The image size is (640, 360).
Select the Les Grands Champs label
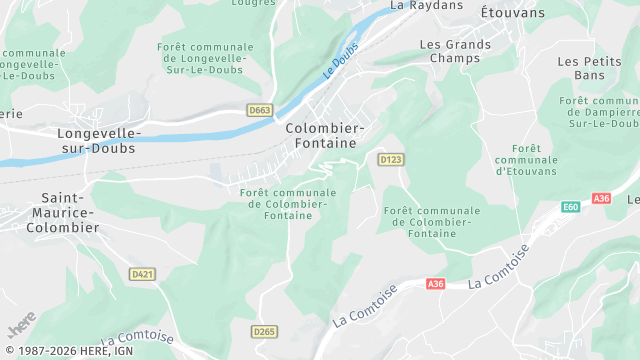point(455,52)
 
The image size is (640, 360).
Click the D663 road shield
point(260,110)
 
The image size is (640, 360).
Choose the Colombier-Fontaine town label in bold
point(325,136)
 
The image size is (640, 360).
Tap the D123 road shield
point(390,159)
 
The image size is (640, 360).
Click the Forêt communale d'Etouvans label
point(525,159)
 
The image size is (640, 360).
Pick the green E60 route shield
point(570,207)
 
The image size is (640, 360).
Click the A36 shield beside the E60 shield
point(601,198)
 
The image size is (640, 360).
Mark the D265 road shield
point(264,331)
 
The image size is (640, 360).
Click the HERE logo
point(20,328)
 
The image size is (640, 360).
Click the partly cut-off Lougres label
point(253,3)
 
